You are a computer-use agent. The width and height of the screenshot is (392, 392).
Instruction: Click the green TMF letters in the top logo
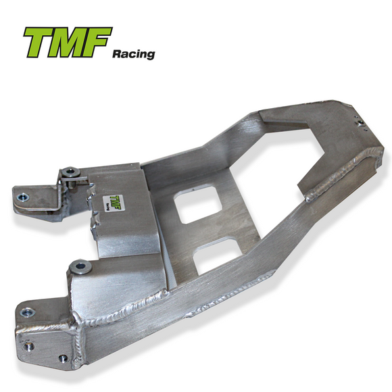point(67,43)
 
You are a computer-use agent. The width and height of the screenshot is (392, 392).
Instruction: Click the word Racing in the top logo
point(133,53)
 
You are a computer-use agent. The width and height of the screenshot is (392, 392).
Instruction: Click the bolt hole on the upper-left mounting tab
point(22,197)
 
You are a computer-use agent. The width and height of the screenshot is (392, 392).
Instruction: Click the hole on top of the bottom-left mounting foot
point(27,312)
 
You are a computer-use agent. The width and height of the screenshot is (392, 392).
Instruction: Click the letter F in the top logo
point(97,43)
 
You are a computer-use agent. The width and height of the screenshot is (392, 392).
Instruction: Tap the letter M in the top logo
point(68,43)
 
